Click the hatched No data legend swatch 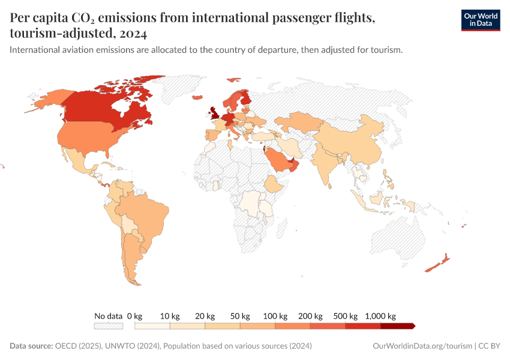[109, 326]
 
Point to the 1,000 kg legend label [380, 316]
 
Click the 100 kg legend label [275, 316]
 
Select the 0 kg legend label [135, 316]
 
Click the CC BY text [489, 346]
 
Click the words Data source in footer [31, 346]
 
